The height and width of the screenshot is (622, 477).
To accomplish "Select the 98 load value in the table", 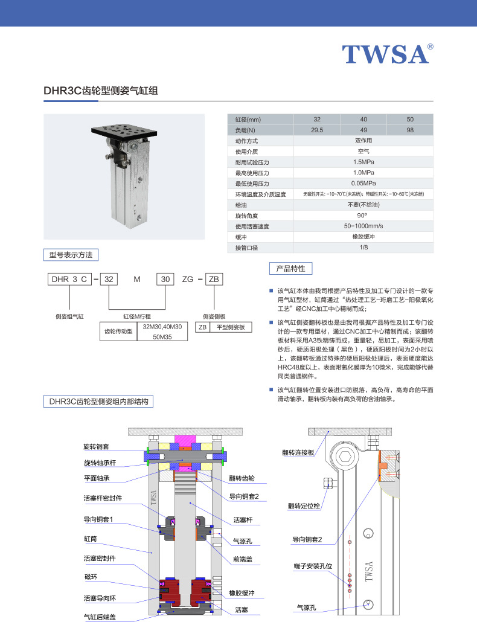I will coord(410,130).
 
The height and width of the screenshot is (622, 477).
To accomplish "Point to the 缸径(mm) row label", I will coord(248,120).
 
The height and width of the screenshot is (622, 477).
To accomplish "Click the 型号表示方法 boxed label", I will coord(71,255).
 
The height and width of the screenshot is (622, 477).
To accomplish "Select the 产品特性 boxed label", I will coord(290,268).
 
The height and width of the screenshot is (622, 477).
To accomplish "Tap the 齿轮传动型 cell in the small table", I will coord(118,332).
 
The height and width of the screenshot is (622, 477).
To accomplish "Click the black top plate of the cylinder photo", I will coord(123,132).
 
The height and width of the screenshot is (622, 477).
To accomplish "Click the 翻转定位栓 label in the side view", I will coord(303,505).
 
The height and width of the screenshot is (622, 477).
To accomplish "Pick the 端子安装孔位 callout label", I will coord(309,566).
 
